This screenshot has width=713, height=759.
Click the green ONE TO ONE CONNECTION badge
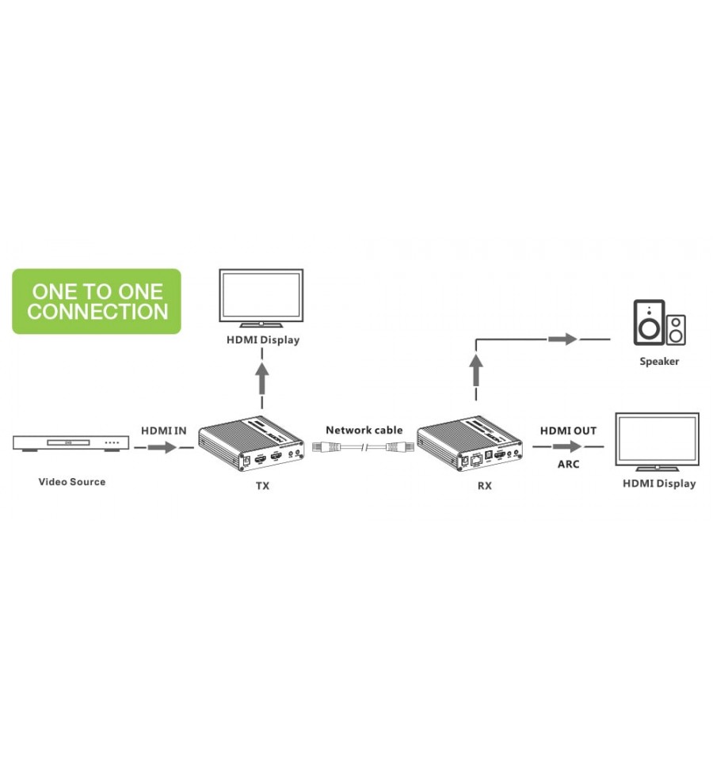(x=97, y=301)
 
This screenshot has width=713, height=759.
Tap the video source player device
(x=71, y=443)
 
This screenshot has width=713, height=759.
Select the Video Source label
(x=71, y=482)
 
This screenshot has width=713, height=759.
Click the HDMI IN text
(x=164, y=431)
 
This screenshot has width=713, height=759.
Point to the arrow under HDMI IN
(x=162, y=447)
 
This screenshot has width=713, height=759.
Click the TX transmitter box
(x=251, y=443)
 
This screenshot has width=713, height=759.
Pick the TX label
(x=262, y=485)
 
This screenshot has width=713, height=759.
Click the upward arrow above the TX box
(x=262, y=379)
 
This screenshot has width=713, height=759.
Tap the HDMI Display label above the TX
(x=263, y=340)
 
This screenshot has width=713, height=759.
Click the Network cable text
(x=364, y=430)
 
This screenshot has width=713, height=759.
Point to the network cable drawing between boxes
(x=363, y=447)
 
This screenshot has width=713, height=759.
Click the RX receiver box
(x=470, y=443)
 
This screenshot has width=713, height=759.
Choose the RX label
(x=484, y=485)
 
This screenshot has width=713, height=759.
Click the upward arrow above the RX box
(x=477, y=370)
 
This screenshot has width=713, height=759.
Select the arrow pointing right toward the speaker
(x=562, y=340)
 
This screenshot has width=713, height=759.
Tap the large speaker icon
(x=649, y=322)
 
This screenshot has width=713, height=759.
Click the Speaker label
(x=659, y=361)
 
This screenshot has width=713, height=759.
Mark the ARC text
(x=568, y=465)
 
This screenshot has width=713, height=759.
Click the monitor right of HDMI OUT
(x=657, y=442)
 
